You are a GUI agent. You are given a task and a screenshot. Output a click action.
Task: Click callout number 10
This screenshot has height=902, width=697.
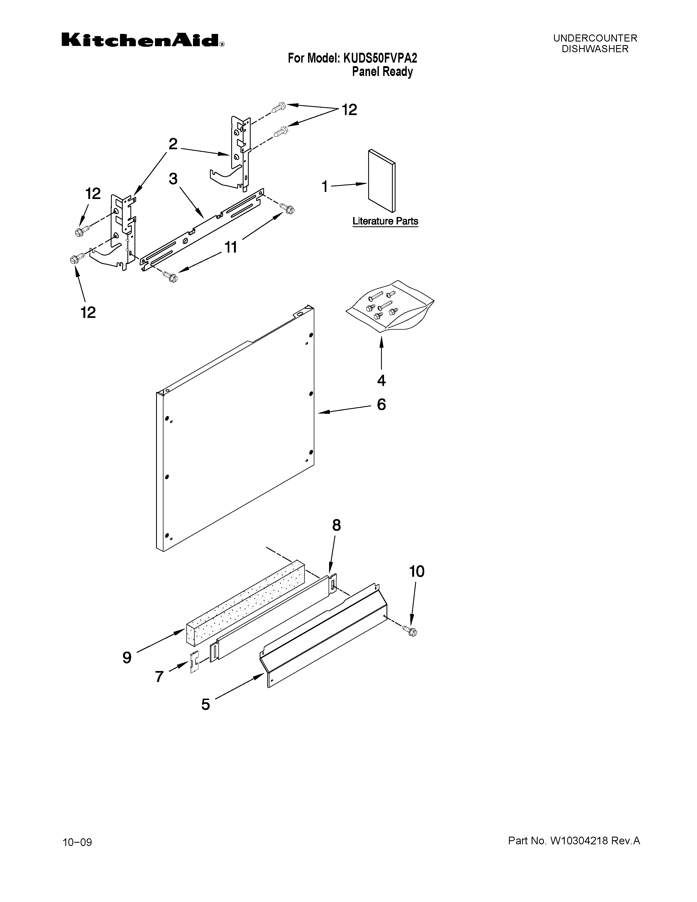coord(416,571)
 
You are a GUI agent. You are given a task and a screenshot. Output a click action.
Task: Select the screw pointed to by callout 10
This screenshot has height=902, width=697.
coord(410,631)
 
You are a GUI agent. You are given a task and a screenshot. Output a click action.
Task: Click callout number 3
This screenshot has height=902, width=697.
coord(173,179)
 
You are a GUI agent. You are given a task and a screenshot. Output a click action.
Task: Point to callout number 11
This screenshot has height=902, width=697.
coord(230,247)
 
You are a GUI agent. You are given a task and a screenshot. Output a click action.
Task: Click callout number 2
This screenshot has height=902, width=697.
coord(173,144)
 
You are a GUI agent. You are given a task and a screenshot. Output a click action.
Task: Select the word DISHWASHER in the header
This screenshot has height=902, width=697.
coord(595,49)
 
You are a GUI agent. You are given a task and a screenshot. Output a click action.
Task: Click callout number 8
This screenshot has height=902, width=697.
coord(336,525)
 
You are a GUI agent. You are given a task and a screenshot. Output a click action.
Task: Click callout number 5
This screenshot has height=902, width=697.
coord(206,704)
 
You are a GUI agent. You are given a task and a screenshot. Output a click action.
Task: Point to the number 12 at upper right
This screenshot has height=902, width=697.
coord(349,110)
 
